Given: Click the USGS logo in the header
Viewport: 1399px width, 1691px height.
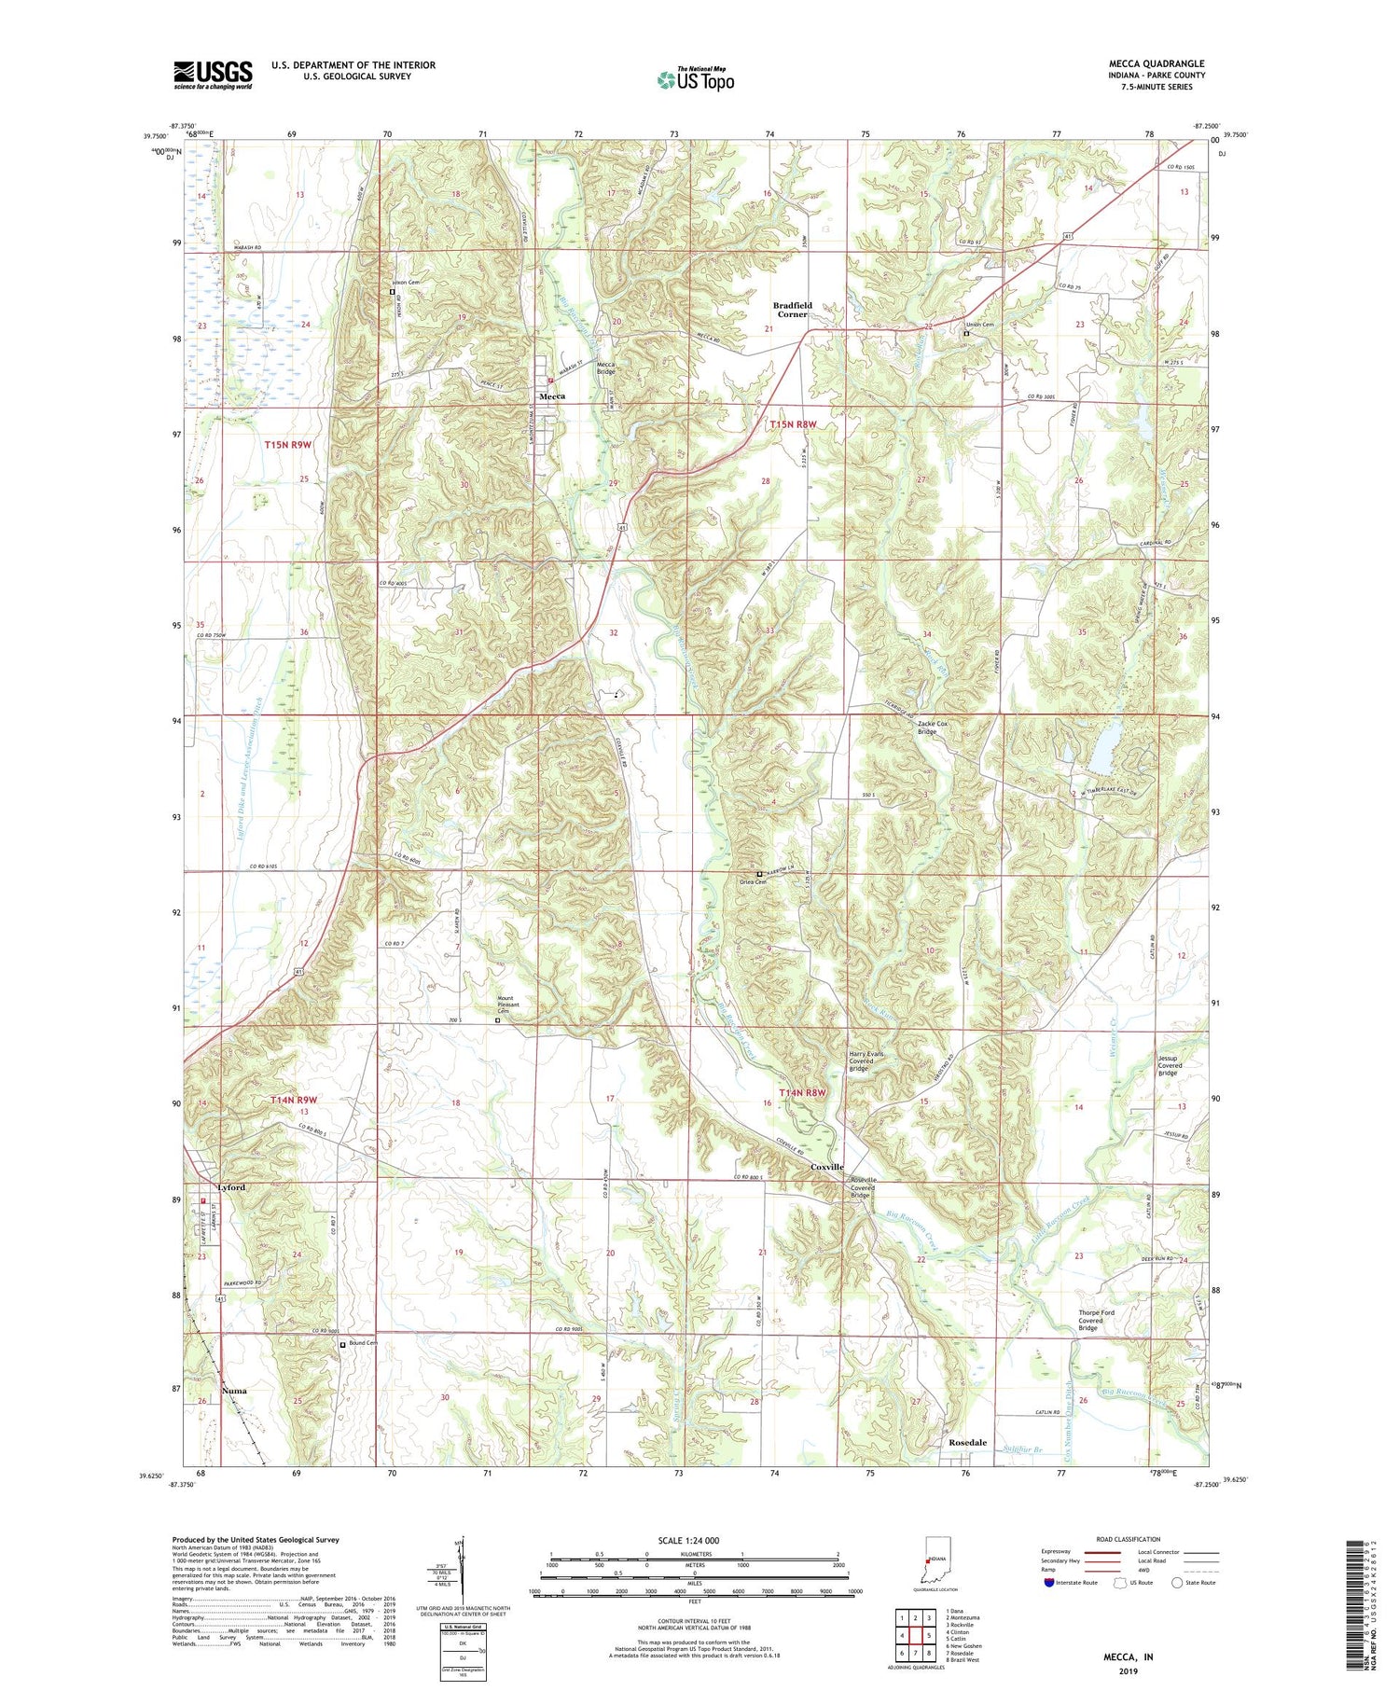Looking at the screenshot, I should [x=213, y=75].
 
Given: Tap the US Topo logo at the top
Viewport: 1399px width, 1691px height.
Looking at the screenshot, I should [x=695, y=79].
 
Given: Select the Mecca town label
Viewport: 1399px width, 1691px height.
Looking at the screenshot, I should [x=552, y=396].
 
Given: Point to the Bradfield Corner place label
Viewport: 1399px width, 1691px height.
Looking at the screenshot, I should [x=792, y=310].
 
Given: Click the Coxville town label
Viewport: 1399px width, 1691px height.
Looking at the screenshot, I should [x=826, y=1167].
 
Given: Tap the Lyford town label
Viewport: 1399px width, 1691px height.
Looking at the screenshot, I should [x=230, y=1187].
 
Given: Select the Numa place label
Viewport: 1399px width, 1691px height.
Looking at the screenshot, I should [x=235, y=1391].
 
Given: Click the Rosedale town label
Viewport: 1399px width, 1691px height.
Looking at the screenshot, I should [x=967, y=1442].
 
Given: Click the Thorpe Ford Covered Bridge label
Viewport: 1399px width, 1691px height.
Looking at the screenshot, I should [x=1096, y=1320].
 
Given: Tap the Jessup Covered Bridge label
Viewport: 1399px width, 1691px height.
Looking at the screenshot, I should [x=1169, y=1066].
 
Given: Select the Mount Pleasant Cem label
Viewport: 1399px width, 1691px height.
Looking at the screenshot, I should [x=505, y=1005].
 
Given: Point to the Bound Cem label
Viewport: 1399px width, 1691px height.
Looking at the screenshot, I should [x=363, y=1343].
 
